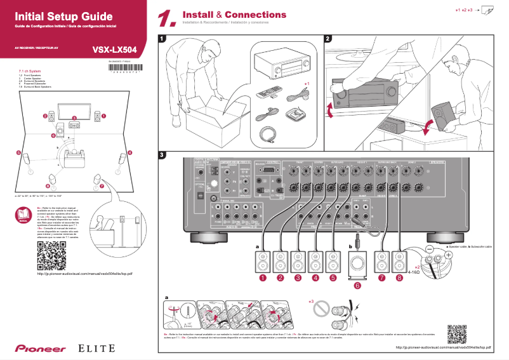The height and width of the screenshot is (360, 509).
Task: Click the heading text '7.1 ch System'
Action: (32, 71)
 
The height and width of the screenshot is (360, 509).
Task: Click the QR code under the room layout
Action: (51, 255)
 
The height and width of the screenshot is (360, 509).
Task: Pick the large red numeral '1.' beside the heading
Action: (167, 18)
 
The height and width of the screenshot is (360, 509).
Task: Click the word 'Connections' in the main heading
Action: (255, 15)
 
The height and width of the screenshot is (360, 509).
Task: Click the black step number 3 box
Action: (163, 155)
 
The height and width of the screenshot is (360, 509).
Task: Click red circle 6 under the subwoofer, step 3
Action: (357, 286)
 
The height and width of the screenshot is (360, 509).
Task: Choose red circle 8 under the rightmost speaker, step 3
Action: (399, 277)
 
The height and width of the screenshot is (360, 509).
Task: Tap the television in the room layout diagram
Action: (73, 109)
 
